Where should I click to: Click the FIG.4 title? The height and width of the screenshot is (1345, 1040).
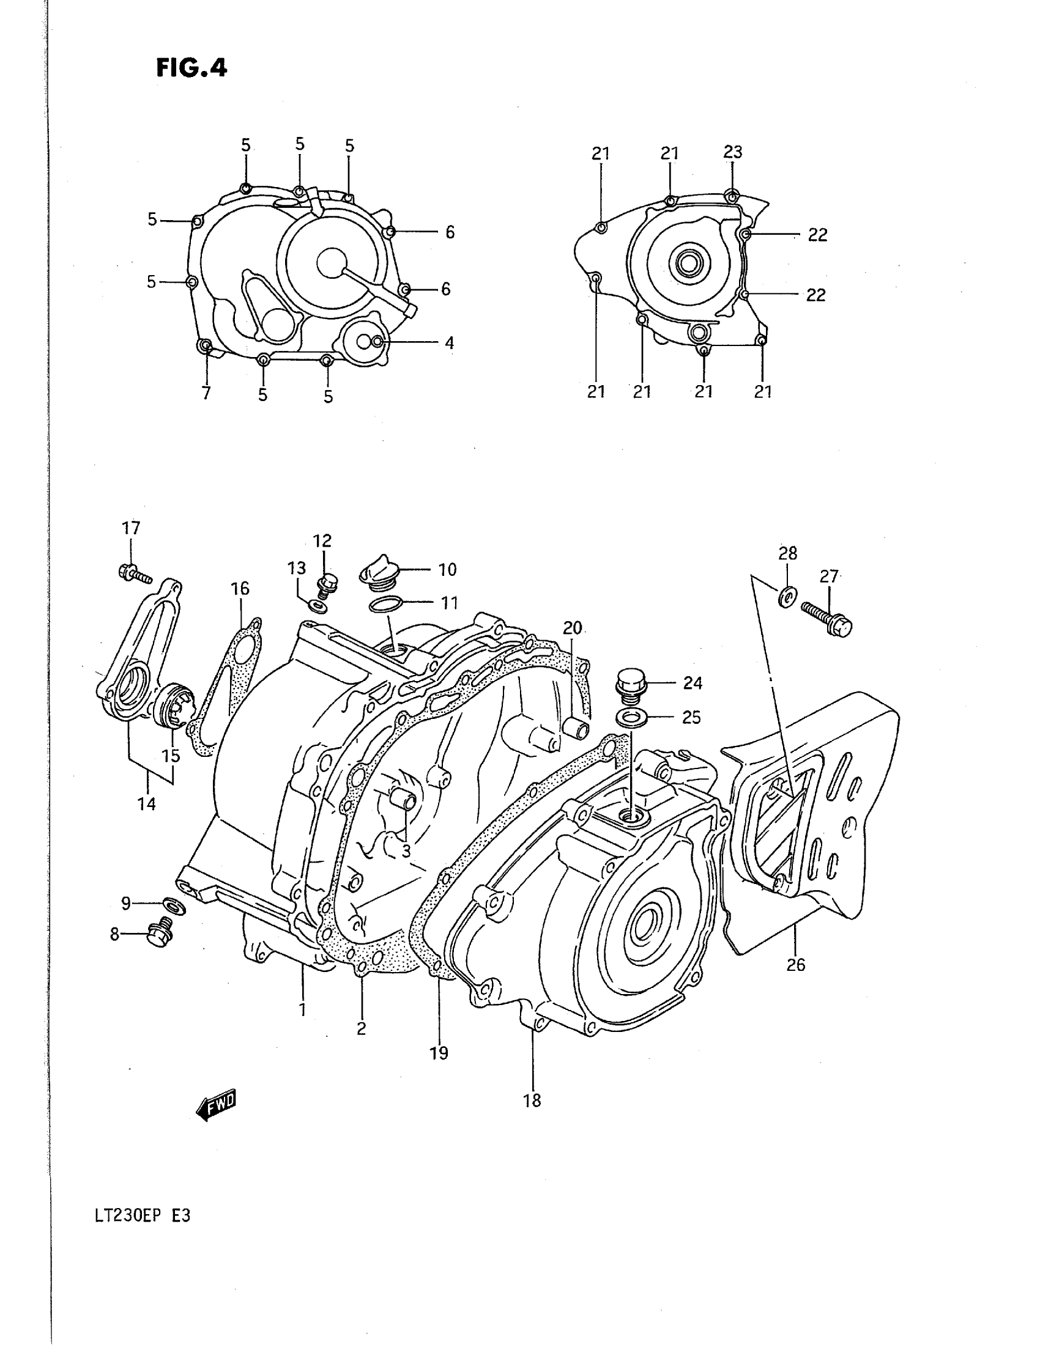click(x=191, y=68)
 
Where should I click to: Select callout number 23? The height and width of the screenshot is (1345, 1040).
click(x=732, y=152)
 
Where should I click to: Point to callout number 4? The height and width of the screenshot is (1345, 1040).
click(x=449, y=342)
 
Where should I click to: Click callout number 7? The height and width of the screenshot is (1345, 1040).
click(x=206, y=393)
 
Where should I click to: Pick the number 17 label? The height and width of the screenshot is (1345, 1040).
click(x=131, y=528)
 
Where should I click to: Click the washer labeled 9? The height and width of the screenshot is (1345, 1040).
click(x=173, y=905)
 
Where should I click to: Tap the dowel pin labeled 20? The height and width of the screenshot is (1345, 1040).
click(x=574, y=728)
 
